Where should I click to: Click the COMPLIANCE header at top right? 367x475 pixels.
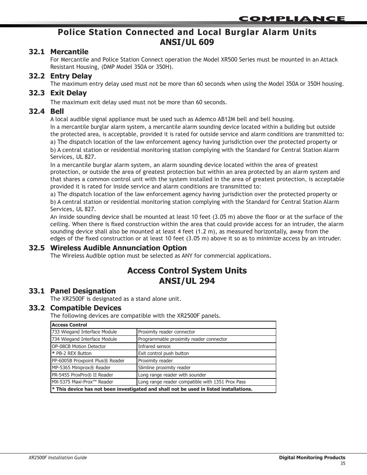[x=292, y=18]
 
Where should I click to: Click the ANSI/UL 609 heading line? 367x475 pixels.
[x=187, y=42]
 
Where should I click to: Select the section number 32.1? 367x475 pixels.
[x=37, y=52]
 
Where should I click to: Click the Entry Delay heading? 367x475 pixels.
[x=71, y=76]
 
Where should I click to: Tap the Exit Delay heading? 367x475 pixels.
[x=68, y=93]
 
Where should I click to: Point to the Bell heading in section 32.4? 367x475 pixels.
[x=57, y=112]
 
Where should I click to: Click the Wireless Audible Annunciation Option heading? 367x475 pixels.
[x=118, y=248]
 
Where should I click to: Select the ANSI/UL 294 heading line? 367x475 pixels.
[x=187, y=281]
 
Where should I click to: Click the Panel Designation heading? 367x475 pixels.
[x=83, y=291]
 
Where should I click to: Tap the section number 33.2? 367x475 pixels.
[x=37, y=308]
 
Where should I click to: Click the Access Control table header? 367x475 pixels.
[x=69, y=325]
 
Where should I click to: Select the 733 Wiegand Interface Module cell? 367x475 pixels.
[x=84, y=332]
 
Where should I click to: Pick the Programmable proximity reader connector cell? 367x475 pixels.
[x=182, y=339]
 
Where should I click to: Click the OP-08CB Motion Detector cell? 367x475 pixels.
[x=79, y=347]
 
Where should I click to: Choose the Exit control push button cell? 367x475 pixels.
[x=163, y=353]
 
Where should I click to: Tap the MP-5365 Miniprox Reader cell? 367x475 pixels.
[x=81, y=368]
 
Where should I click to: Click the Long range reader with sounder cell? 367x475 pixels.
[x=172, y=375]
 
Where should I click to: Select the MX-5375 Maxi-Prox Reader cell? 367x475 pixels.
[x=82, y=382]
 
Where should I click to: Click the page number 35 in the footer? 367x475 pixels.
[x=343, y=463]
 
